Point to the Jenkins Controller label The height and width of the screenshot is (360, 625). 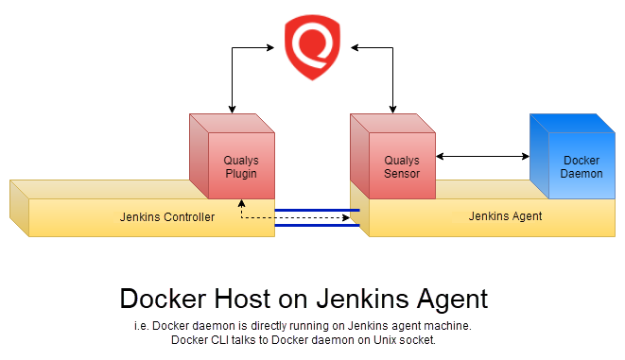(x=167, y=216)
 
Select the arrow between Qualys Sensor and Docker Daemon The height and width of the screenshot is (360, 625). (x=481, y=157)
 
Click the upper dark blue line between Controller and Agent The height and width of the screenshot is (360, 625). (x=317, y=210)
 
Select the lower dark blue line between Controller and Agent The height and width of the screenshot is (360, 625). (x=317, y=226)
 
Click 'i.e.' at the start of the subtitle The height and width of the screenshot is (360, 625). (x=141, y=325)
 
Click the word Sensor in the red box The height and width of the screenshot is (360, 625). (x=401, y=173)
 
